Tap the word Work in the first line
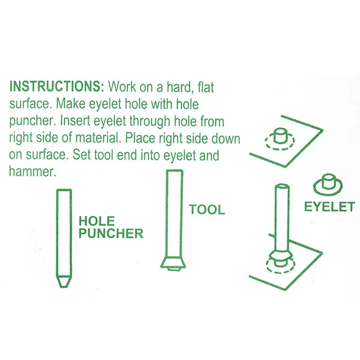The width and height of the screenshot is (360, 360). (x=122, y=86)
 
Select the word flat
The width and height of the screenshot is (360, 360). (x=205, y=87)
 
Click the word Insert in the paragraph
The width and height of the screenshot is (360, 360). (x=74, y=121)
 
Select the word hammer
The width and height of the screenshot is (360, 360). (x=32, y=171)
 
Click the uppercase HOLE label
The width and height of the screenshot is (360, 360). (x=97, y=221)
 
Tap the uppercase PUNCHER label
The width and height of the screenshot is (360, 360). (x=111, y=233)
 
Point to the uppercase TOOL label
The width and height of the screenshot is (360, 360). (x=207, y=209)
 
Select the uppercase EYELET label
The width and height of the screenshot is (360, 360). (x=329, y=206)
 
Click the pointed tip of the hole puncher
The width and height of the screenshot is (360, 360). (x=64, y=286)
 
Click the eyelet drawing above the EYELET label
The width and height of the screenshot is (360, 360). (x=328, y=184)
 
